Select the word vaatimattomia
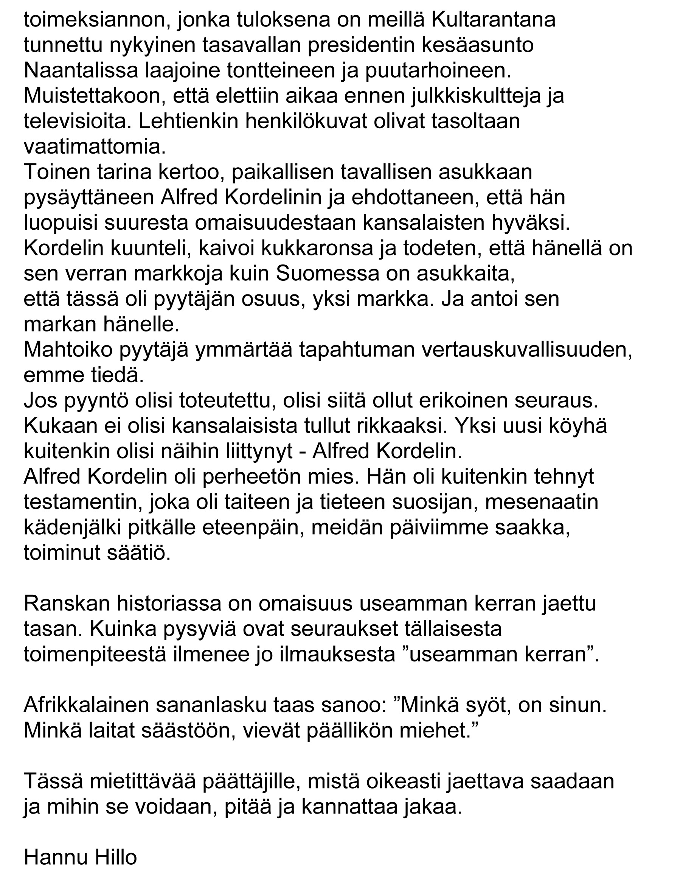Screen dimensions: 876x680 [95, 147]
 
